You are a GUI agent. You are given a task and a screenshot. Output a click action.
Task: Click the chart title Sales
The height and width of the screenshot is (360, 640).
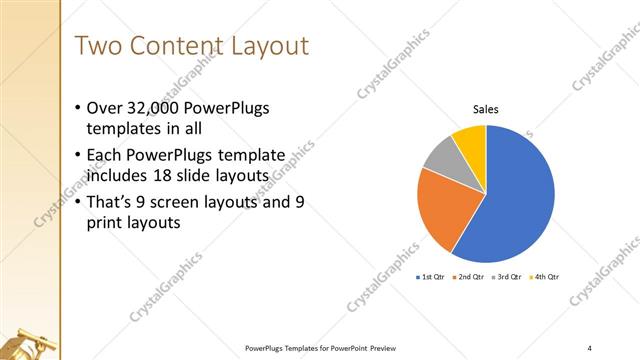tap(486, 110)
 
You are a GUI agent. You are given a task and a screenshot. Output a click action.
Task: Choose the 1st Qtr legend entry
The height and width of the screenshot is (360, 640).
tap(432, 276)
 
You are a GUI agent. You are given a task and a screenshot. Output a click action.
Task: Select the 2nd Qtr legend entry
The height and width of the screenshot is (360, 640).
tap(470, 276)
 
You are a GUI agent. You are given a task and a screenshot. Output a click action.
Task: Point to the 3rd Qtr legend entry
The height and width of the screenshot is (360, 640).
tap(508, 276)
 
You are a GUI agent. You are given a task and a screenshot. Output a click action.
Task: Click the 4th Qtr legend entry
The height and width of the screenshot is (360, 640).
tap(546, 276)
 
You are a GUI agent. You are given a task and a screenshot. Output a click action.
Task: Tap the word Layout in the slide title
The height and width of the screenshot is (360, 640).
tap(266, 46)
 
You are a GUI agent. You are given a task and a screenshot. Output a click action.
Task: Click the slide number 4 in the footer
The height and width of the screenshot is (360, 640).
tap(589, 347)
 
